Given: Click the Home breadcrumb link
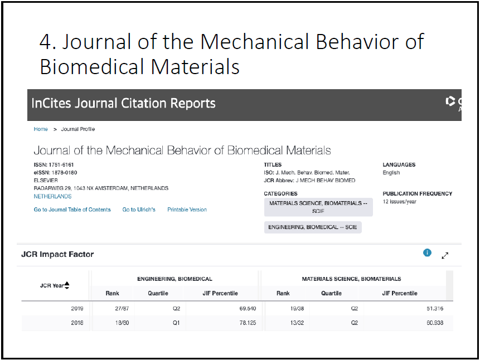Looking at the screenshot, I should [41, 129].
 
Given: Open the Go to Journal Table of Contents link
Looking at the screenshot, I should [72, 210].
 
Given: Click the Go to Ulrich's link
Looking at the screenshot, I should [139, 210].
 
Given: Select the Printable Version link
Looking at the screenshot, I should [187, 210].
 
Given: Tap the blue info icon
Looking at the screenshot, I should [427, 253].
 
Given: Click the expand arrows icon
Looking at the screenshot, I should [445, 255].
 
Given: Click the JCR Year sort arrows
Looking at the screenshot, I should [67, 285].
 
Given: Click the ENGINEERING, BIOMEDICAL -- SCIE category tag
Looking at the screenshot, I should [313, 227].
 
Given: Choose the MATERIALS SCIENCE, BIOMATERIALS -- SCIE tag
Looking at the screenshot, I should [318, 207].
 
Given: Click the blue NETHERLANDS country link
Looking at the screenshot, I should [52, 197].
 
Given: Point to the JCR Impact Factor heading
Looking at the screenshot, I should [57, 255].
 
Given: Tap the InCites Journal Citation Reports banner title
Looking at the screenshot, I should [123, 103].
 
